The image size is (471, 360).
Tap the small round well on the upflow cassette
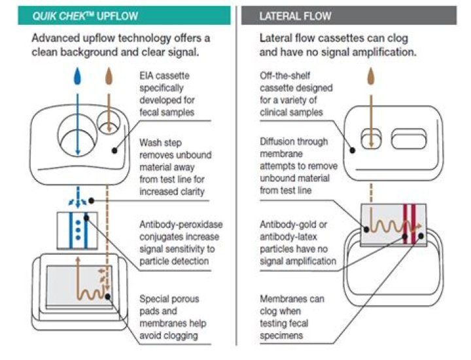107,123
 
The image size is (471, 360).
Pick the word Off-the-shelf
283,77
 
